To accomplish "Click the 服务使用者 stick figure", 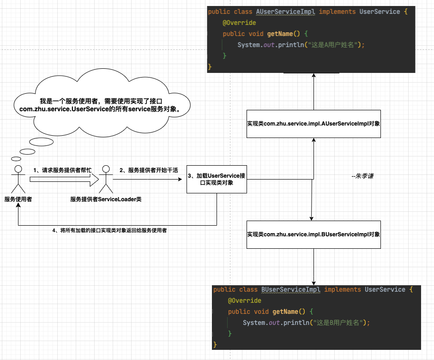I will pos(18,178).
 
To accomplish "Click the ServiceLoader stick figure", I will pos(106,178).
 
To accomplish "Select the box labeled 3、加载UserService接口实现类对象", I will pos(217,179).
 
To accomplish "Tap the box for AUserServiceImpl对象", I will pos(313,124).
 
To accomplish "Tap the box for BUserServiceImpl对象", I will pos(313,234).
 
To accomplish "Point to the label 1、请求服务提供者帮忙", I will pos(62,170).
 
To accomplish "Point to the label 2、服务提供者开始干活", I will pos(149,170).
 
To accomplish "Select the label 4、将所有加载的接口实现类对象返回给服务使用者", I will pos(109,230).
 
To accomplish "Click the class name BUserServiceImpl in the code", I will pos(291,289).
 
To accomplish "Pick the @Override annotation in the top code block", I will pos(239,23).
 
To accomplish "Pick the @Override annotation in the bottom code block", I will pos(245,300).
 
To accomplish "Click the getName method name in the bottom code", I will pos(285,312).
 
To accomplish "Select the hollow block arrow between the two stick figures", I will pos(65,179).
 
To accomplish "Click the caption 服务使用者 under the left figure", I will pos(18,199).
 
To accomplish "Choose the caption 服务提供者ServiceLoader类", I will pos(106,199).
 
